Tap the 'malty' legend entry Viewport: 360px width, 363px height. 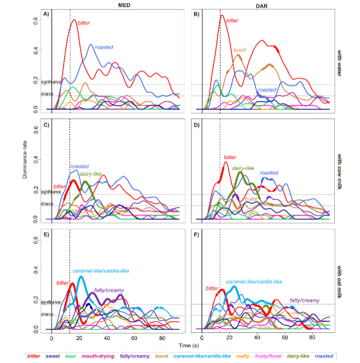pyautogui.click(x=233, y=356)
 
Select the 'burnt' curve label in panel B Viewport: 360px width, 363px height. pyautogui.click(x=240, y=50)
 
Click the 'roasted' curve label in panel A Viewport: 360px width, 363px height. pyautogui.click(x=104, y=48)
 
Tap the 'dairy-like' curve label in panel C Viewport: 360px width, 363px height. pyautogui.click(x=91, y=174)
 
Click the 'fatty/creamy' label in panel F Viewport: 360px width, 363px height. pyautogui.click(x=305, y=300)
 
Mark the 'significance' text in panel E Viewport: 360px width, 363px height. pyautogui.click(x=51, y=302)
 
